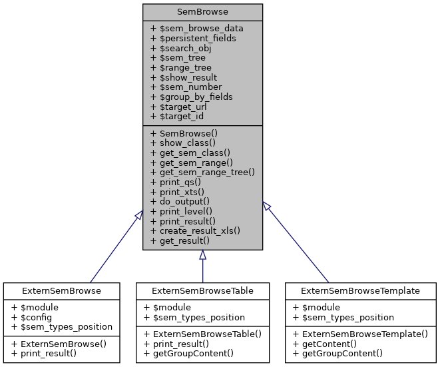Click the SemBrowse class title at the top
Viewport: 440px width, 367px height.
(202, 11)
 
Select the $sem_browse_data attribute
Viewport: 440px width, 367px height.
(197, 29)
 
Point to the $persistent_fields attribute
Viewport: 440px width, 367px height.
(193, 39)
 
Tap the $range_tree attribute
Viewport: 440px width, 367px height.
(181, 67)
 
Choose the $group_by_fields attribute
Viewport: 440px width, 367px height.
(191, 97)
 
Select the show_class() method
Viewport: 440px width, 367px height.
(183, 143)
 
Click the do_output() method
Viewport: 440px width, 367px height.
(180, 200)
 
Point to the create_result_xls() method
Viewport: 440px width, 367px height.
(195, 230)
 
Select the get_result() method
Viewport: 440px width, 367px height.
(180, 240)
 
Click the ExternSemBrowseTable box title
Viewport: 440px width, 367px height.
(202, 290)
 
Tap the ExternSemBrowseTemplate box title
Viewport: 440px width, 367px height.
(361, 290)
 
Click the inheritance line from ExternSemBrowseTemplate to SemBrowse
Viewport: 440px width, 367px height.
(296, 241)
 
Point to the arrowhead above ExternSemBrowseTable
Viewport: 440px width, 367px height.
(202, 255)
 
